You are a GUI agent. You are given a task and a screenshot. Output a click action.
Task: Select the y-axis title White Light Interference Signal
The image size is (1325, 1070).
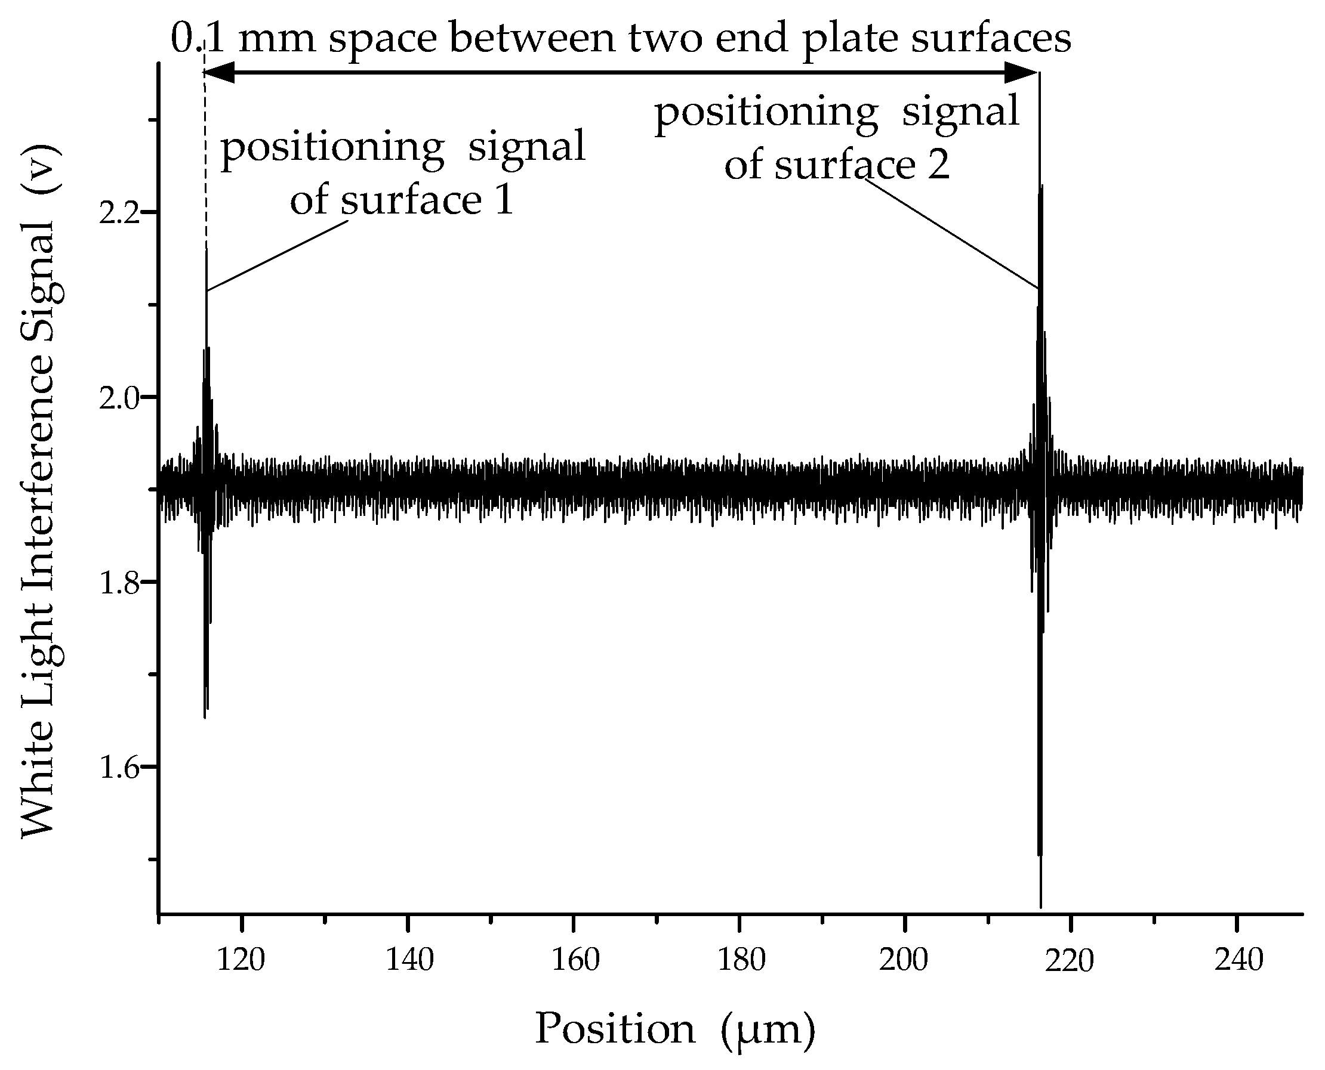[38, 491]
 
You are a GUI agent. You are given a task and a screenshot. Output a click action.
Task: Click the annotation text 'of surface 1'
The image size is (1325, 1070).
[402, 200]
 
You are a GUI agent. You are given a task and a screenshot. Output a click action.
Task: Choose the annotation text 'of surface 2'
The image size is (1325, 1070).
[837, 165]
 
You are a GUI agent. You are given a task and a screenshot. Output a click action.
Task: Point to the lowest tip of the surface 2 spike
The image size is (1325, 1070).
[1041, 907]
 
